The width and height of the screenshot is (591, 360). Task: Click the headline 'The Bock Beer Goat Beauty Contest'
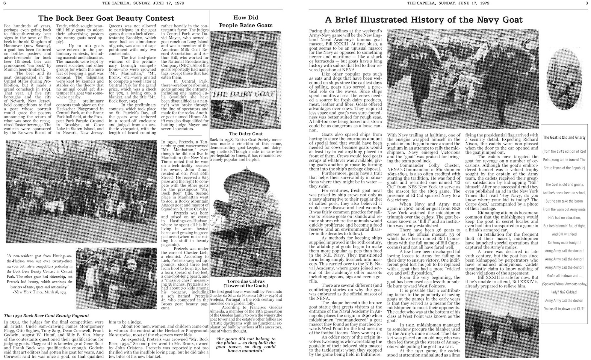(106, 18)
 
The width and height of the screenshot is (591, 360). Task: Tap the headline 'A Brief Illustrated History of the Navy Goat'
(423, 20)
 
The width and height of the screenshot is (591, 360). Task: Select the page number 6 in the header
(5, 3)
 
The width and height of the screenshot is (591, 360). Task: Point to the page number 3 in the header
(587, 3)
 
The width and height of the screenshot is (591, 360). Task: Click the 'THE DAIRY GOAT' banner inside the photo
(243, 94)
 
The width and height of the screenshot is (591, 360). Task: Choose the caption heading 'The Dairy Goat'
(246, 134)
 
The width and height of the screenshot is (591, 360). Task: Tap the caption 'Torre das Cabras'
(246, 281)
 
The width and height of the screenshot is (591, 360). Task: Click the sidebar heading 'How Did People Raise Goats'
(246, 22)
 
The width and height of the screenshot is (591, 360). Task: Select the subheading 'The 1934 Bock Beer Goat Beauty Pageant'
(46, 315)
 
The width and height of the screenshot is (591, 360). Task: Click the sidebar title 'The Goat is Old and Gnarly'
(564, 137)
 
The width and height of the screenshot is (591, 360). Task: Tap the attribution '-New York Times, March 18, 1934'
(40, 292)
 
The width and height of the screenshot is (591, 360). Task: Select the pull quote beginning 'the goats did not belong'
(246, 345)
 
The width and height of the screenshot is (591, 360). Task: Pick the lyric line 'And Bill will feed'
(564, 234)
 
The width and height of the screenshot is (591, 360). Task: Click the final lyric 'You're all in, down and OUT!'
(564, 309)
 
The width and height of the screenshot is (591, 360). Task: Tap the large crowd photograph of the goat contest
(81, 191)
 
